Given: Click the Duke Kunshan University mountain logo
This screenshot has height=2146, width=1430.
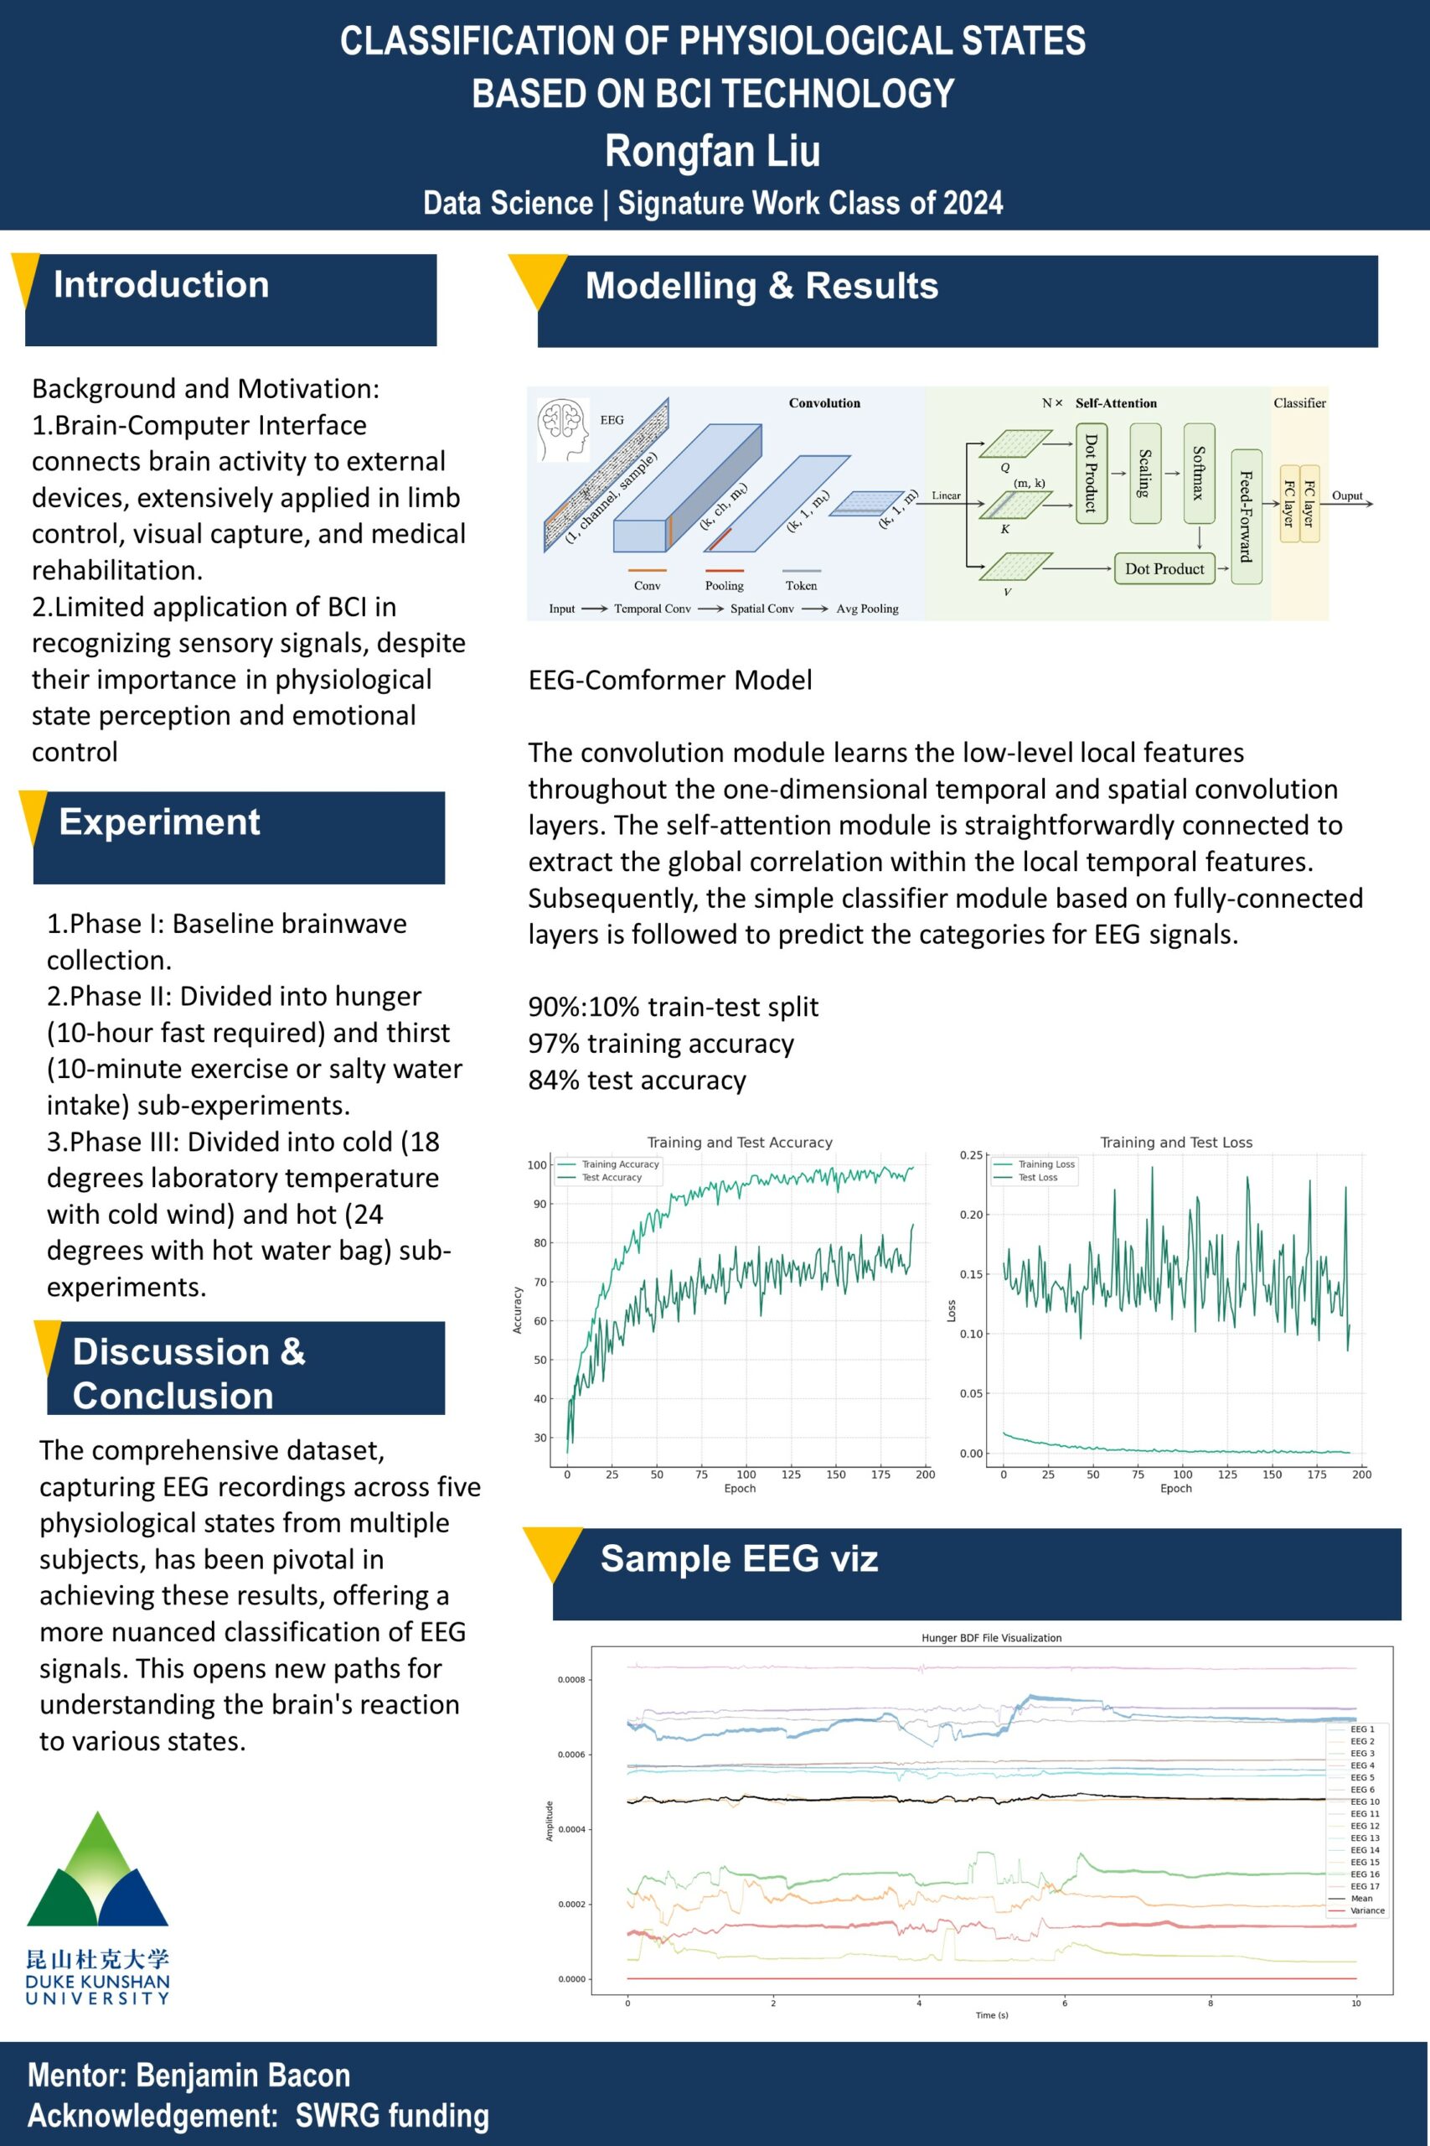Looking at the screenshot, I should tap(97, 1870).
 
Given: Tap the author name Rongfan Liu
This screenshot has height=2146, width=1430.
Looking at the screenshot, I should tap(712, 151).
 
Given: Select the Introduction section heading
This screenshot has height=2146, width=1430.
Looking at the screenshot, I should tap(162, 285).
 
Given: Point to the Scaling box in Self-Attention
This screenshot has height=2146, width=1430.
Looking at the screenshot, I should tap(1144, 473).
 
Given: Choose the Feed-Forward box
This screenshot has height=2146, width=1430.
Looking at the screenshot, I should tap(1246, 516).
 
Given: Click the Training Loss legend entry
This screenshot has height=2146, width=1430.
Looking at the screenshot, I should tap(1046, 1164).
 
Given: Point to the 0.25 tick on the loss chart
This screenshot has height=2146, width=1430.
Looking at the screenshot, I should tap(970, 1155).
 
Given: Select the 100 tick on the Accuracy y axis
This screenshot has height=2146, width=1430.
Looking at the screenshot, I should tap(536, 1165).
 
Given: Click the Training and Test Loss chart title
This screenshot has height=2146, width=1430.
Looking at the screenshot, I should tap(1175, 1143).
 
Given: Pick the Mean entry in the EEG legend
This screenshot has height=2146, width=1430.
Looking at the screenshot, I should tap(1360, 1899).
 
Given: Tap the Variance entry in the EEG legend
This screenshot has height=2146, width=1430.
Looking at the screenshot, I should tap(1366, 1910).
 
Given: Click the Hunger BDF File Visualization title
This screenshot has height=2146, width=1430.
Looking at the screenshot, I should tap(991, 1638).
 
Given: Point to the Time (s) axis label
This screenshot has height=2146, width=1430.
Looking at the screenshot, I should tap(991, 2014).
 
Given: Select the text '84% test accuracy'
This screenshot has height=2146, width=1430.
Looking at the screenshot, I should tap(637, 1081).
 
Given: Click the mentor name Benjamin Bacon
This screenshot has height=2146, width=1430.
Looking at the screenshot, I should tap(243, 2075).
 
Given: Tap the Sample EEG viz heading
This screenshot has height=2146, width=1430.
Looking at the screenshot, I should tap(739, 1558).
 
